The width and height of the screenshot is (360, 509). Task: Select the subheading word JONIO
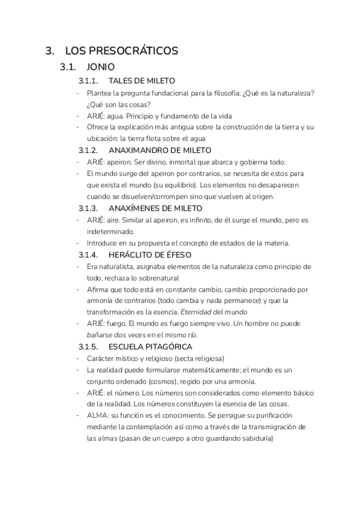coord(101,67)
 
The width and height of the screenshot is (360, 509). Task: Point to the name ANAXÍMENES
coord(136,208)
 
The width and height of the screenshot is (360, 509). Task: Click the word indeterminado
coord(110,231)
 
